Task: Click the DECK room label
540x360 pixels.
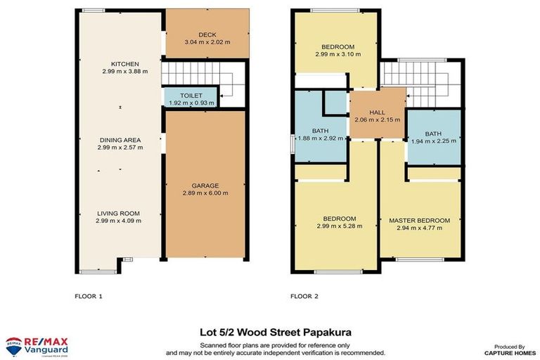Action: (x=207, y=34)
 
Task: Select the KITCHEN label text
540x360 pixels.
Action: (x=120, y=63)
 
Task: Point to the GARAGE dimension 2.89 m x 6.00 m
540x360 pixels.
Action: (x=206, y=193)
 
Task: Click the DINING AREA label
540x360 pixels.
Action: (x=120, y=140)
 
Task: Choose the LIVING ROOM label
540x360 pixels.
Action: (x=120, y=213)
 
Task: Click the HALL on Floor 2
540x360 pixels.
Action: (x=378, y=112)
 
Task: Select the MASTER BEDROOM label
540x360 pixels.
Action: (x=419, y=220)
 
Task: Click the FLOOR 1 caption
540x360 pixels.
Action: (x=89, y=296)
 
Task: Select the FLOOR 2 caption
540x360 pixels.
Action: (x=304, y=296)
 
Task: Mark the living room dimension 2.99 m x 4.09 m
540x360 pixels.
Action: (x=120, y=221)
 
